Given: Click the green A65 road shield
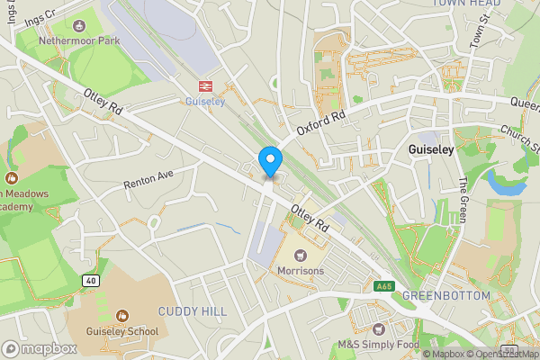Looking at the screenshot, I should click(x=384, y=286).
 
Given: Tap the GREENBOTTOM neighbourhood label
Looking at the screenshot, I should click(x=445, y=296).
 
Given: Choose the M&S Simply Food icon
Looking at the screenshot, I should click(x=378, y=328).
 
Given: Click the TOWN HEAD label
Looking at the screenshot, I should click(x=465, y=4).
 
